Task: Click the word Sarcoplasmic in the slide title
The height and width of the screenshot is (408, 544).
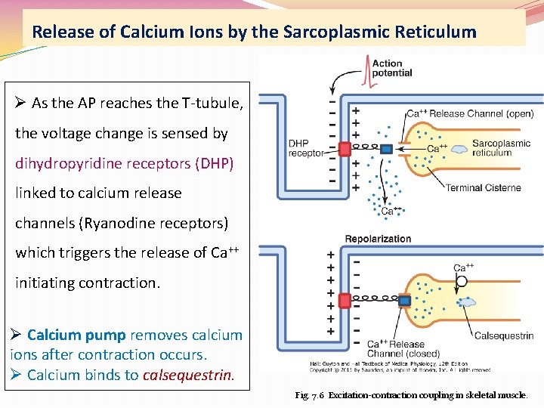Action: click(331, 32)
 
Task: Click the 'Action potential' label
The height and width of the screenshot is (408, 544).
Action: click(392, 68)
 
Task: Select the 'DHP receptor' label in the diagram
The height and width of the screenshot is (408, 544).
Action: click(305, 148)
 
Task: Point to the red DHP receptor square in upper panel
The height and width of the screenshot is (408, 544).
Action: click(345, 149)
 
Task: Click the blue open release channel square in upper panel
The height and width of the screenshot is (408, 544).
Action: click(387, 150)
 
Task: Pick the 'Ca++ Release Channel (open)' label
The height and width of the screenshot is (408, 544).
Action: click(469, 114)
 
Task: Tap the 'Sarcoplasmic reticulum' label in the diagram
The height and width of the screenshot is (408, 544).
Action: click(501, 148)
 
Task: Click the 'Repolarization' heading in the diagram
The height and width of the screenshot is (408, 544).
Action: click(378, 239)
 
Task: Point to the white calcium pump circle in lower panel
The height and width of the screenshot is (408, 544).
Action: click(461, 281)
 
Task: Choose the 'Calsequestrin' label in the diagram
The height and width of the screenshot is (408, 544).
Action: click(503, 335)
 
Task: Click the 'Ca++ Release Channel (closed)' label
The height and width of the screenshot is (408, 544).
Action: click(396, 348)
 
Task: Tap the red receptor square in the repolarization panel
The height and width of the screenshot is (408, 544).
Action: click(345, 301)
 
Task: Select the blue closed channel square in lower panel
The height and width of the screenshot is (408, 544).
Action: click(387, 301)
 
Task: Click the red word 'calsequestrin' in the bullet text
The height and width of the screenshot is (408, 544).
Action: click(189, 375)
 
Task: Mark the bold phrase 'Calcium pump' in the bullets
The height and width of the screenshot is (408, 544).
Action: click(77, 335)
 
